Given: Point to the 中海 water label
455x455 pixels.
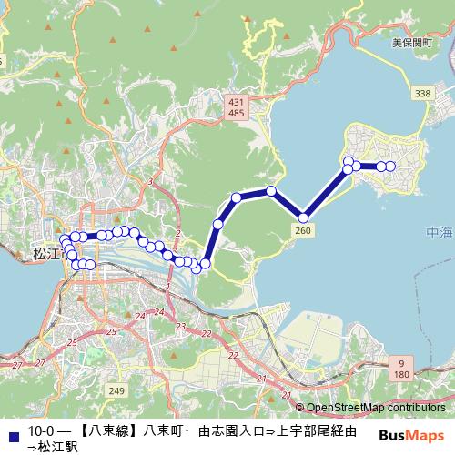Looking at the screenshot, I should point(439,234).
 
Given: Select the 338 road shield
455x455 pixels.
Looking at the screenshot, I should point(421,94).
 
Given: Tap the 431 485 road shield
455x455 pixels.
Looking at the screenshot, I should point(237,106).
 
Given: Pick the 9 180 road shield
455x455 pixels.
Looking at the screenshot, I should point(402,369).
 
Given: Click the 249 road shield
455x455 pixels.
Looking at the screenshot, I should point(116,390).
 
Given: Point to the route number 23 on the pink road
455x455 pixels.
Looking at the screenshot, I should point(180,325).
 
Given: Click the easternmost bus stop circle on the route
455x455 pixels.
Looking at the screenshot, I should point(390,166).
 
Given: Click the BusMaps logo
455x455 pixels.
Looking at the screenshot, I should point(410,435).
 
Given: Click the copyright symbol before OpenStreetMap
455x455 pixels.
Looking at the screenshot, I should point(299,408).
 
